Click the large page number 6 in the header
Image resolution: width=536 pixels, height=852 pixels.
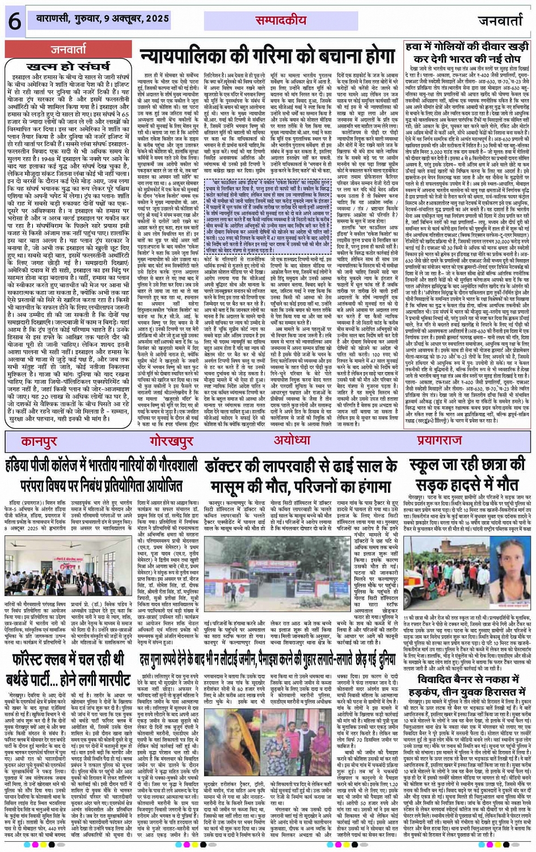14,21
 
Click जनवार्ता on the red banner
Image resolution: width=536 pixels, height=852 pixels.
69,49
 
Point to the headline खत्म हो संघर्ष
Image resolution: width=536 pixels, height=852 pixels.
68,66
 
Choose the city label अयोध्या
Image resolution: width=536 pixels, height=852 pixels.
292,440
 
